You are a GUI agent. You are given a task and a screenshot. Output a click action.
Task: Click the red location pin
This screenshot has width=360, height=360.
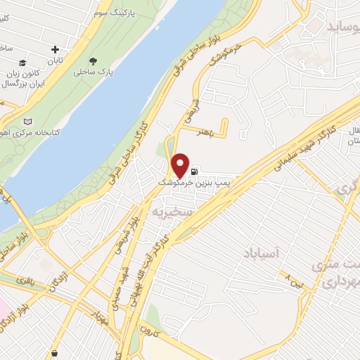point(180,165)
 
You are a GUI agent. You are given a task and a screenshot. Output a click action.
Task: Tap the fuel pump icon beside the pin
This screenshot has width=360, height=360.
point(195,171)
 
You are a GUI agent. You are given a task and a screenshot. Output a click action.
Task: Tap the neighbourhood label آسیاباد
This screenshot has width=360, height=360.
point(264,252)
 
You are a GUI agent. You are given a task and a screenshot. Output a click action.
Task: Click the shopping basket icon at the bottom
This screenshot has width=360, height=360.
point(54,352)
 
